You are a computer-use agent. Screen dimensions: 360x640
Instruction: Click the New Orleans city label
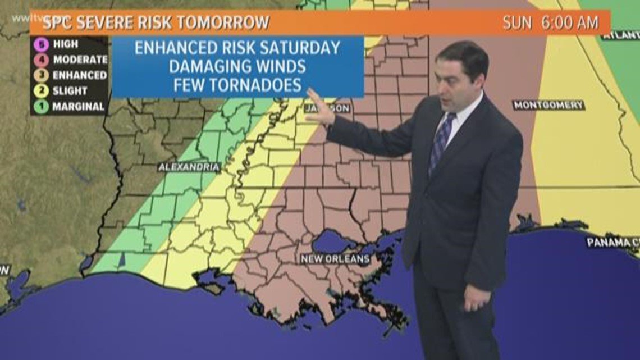335,259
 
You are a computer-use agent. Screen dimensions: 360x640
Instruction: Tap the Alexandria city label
189,167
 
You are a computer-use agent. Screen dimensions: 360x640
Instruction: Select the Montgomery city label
548,105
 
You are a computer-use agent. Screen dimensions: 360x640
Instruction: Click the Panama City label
612,243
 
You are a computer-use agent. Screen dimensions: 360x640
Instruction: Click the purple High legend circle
41,44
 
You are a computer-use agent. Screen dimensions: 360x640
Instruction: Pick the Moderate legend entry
70,59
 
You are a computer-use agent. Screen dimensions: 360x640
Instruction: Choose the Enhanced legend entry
70,75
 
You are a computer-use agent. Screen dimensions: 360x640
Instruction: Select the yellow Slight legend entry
63,90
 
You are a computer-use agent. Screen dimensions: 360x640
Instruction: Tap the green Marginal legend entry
70,106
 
